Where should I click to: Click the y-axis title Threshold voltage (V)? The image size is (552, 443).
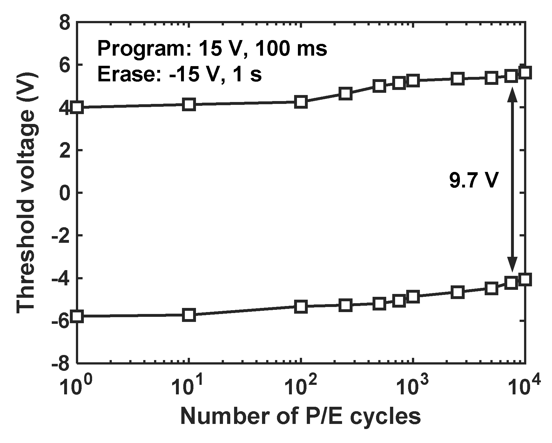click(x=27, y=193)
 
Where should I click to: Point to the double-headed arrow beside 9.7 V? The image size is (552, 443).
click(x=512, y=184)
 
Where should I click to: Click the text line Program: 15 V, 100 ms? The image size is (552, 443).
click(x=212, y=49)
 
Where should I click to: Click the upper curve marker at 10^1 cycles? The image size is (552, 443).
click(x=189, y=105)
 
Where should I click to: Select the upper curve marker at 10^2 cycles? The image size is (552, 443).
click(x=300, y=102)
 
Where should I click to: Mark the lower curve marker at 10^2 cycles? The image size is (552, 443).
click(x=300, y=307)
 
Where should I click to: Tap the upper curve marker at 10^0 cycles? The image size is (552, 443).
click(x=77, y=107)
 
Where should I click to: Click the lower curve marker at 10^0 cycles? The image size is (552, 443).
click(x=77, y=317)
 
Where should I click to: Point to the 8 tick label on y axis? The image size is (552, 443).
click(x=65, y=24)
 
